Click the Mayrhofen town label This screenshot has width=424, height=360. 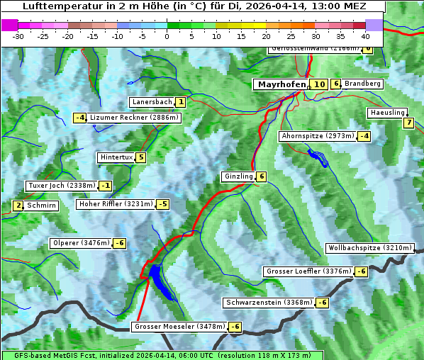[x=281, y=84]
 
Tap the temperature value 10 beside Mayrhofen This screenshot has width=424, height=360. [x=319, y=84]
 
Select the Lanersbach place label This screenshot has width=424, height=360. [x=152, y=102]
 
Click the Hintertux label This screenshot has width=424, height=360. [x=116, y=157]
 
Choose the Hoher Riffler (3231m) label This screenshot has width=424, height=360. [x=114, y=204]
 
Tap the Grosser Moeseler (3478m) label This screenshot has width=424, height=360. [x=179, y=327]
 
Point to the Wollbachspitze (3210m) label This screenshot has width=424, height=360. [x=369, y=248]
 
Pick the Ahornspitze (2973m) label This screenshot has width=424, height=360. [x=317, y=135]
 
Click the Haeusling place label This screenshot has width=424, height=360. [x=387, y=113]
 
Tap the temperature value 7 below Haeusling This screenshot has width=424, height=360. [x=408, y=123]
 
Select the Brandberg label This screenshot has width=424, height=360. [x=363, y=84]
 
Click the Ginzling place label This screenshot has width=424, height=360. [x=238, y=176]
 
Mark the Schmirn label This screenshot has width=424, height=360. [x=42, y=206]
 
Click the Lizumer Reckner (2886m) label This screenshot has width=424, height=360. [x=134, y=118]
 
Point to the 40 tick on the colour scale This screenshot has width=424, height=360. [x=365, y=35]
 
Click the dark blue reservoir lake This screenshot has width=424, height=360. [x=160, y=280]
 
